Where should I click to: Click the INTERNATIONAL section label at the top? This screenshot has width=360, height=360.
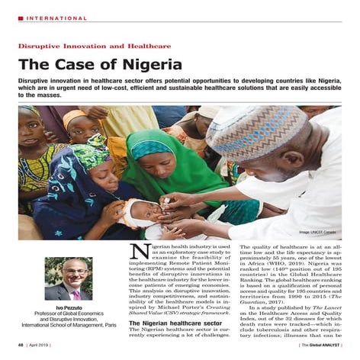click(54, 18)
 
